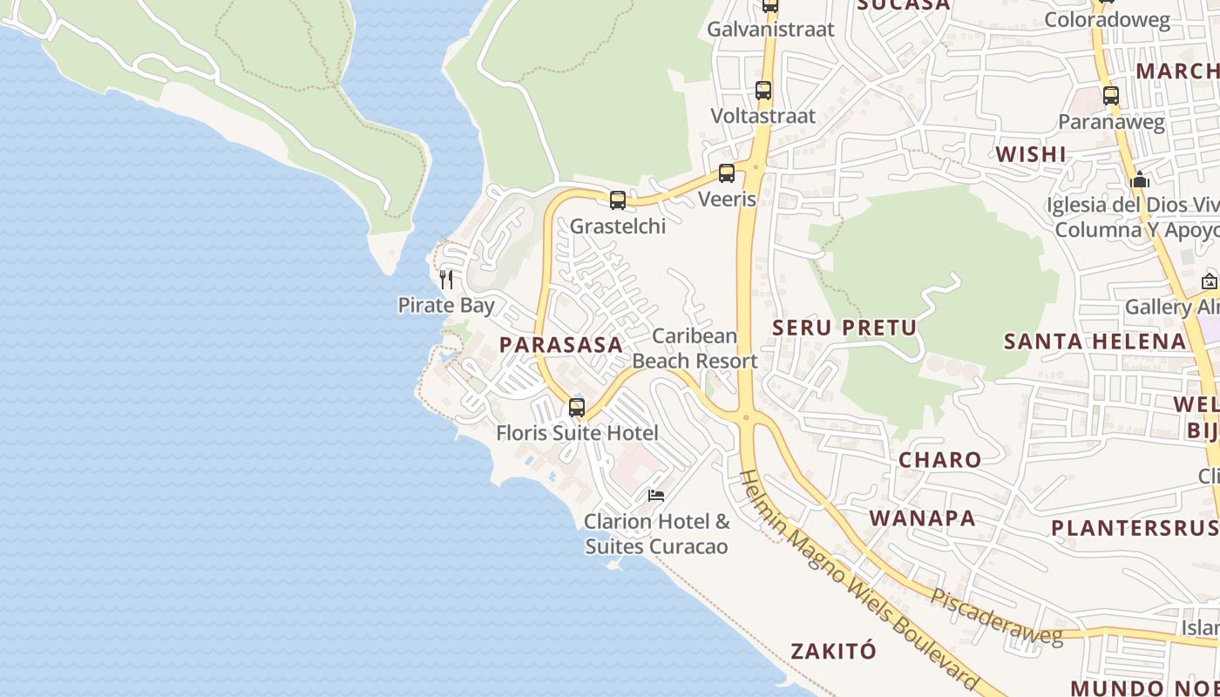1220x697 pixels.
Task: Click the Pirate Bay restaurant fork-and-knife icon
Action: pyautogui.click(x=446, y=280)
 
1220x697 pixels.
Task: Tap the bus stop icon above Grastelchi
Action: pyautogui.click(x=618, y=200)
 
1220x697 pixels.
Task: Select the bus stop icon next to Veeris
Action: pyautogui.click(x=727, y=173)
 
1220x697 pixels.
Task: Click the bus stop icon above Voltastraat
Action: pyautogui.click(x=763, y=90)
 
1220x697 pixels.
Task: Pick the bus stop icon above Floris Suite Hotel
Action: pyautogui.click(x=576, y=407)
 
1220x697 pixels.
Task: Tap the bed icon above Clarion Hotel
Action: pyautogui.click(x=656, y=496)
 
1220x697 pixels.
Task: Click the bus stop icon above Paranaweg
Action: pyautogui.click(x=1111, y=95)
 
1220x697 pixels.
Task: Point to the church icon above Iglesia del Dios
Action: pyautogui.click(x=1140, y=180)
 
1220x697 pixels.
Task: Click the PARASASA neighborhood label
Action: pyautogui.click(x=561, y=344)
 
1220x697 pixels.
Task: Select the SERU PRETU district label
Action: pyautogui.click(x=844, y=328)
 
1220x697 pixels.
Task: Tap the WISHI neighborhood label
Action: pyautogui.click(x=1031, y=154)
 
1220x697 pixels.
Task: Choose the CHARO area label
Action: pyautogui.click(x=939, y=459)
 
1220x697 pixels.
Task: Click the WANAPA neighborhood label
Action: pyautogui.click(x=922, y=518)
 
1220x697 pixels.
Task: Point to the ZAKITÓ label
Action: pyautogui.click(x=833, y=651)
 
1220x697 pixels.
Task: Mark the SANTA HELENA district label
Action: pyautogui.click(x=1095, y=341)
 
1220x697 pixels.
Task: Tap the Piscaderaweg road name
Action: pyautogui.click(x=997, y=618)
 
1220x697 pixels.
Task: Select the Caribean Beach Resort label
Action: pyautogui.click(x=695, y=348)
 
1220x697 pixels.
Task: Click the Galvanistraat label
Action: pyautogui.click(x=770, y=29)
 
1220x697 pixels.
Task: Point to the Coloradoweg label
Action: pyautogui.click(x=1107, y=20)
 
